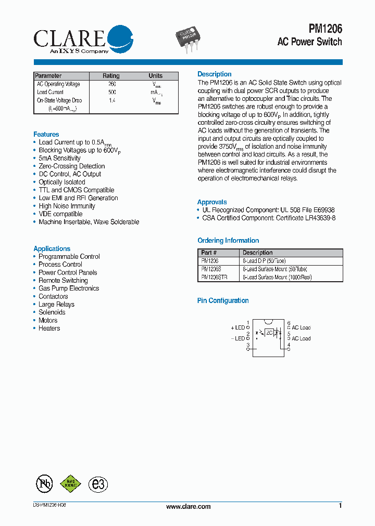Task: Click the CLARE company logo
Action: tap(83, 39)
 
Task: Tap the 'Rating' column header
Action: tap(111, 76)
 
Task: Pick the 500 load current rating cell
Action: tap(112, 92)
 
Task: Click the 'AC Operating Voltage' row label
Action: tap(58, 84)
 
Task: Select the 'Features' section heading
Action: tap(46, 134)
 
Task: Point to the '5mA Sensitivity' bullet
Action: tap(59, 158)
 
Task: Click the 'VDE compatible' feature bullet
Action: tap(60, 214)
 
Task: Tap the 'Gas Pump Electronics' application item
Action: tap(68, 288)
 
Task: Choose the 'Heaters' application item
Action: tap(49, 328)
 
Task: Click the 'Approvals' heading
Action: tap(212, 202)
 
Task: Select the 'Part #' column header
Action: tap(209, 253)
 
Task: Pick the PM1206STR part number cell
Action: tap(214, 278)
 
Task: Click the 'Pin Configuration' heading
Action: tap(223, 300)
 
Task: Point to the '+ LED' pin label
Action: tap(238, 328)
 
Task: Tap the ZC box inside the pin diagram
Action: tap(269, 332)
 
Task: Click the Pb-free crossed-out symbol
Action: tap(44, 484)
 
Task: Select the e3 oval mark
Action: tap(98, 484)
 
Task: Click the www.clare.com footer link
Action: tap(188, 507)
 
